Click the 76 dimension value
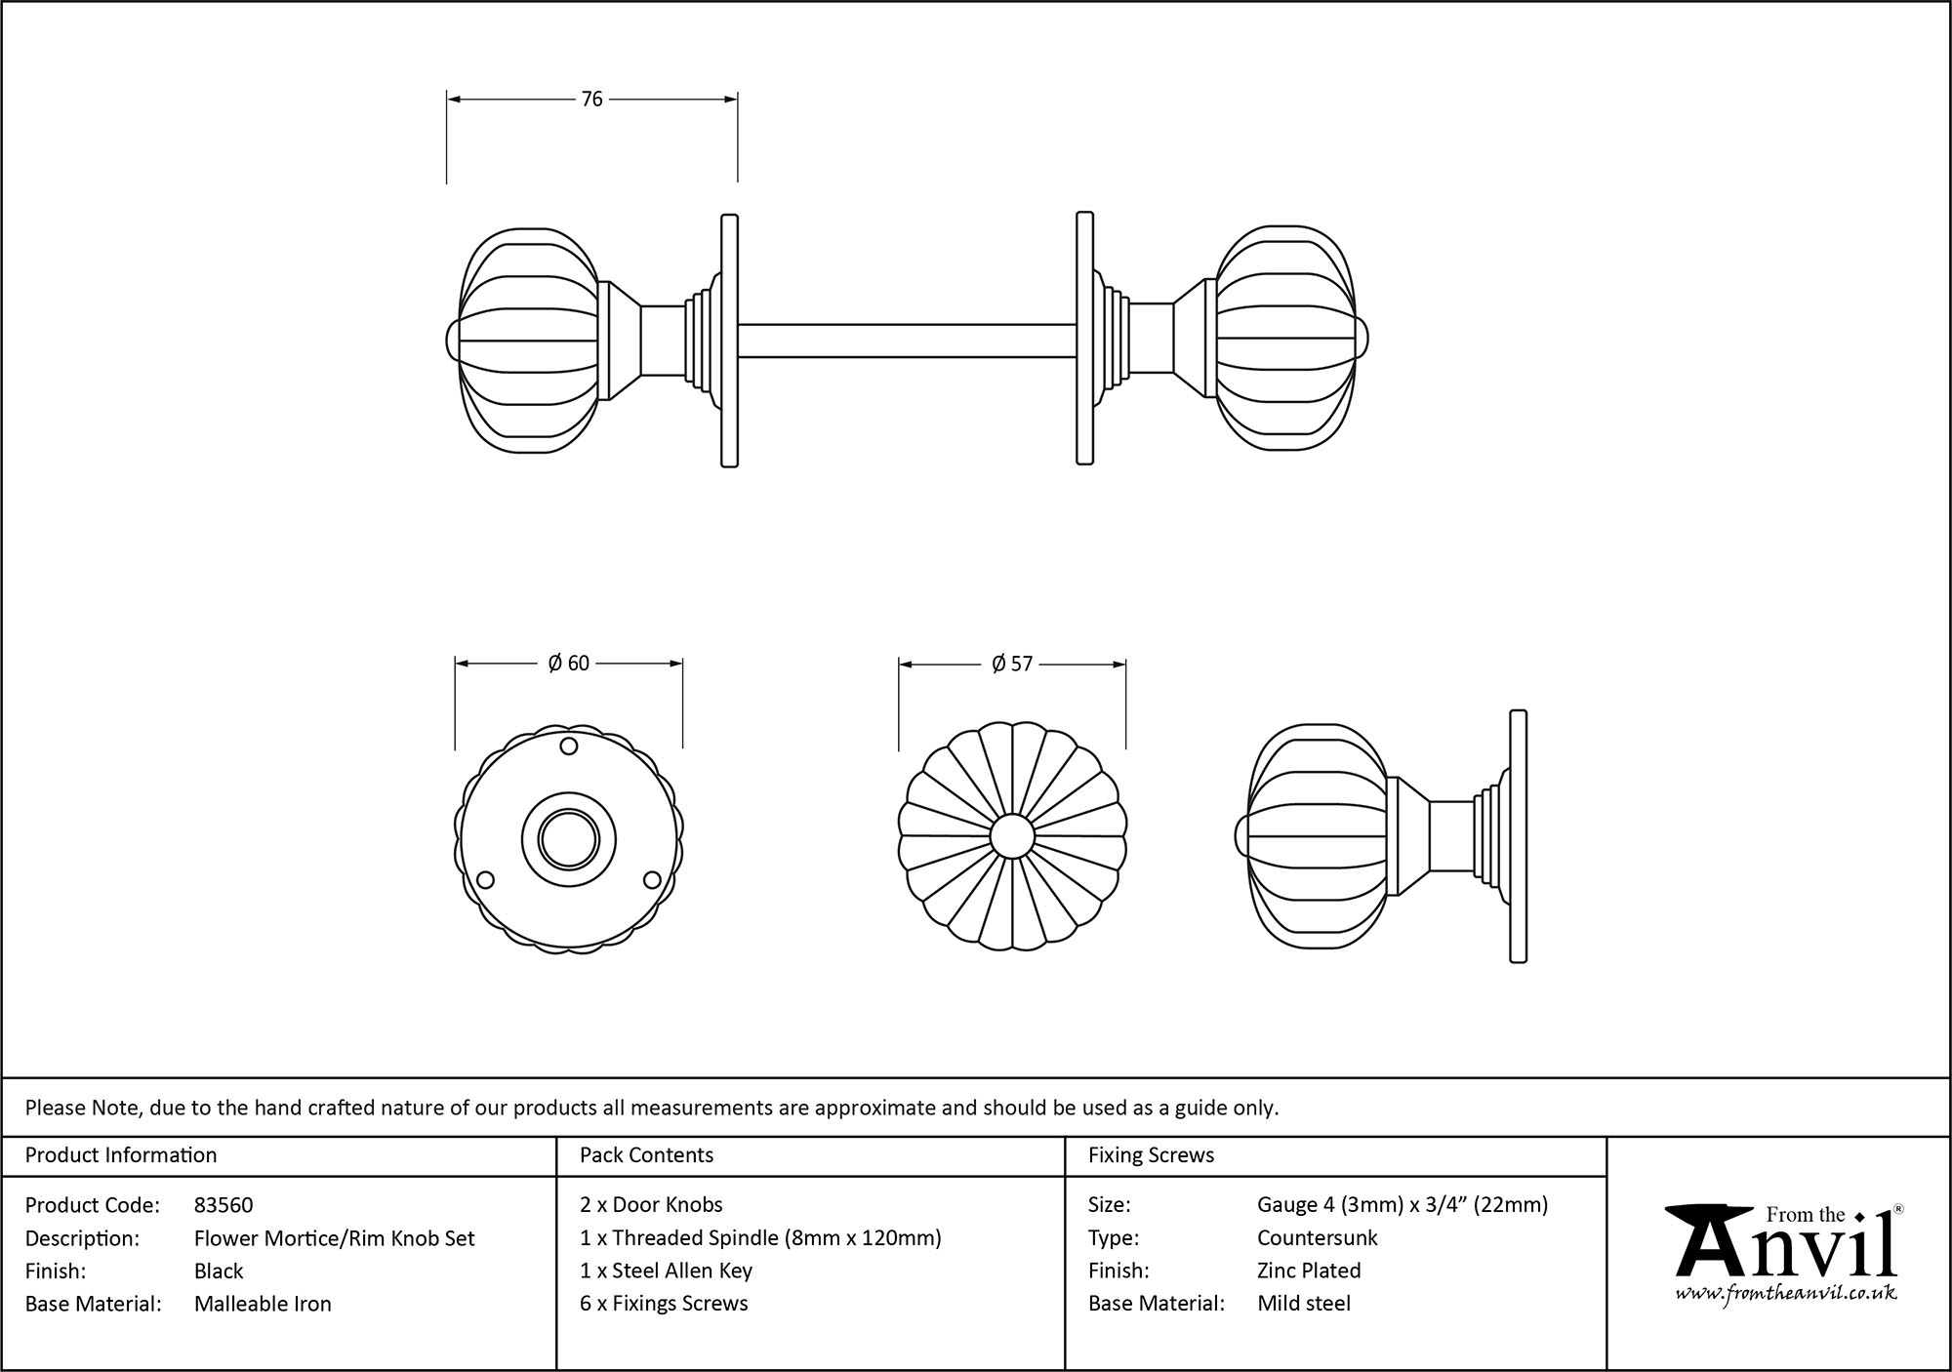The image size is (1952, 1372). click(591, 99)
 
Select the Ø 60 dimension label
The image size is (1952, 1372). click(568, 664)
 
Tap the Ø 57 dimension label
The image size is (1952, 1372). click(1011, 665)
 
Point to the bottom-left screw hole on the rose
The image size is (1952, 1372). click(484, 881)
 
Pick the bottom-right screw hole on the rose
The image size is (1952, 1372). click(651, 881)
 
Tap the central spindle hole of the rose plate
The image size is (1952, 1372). click(568, 837)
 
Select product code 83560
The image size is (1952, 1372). click(224, 1205)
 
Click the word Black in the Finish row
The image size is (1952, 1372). click(219, 1271)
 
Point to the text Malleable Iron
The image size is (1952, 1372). click(263, 1304)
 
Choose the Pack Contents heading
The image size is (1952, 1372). click(646, 1155)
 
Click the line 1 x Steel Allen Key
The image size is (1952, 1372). click(666, 1271)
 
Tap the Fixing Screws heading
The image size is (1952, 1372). click(1151, 1155)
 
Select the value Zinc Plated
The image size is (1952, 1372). click(1309, 1271)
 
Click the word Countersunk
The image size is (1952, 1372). click(1317, 1238)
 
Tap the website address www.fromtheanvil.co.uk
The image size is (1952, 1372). click(1786, 1294)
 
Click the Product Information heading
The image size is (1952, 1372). click(121, 1155)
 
